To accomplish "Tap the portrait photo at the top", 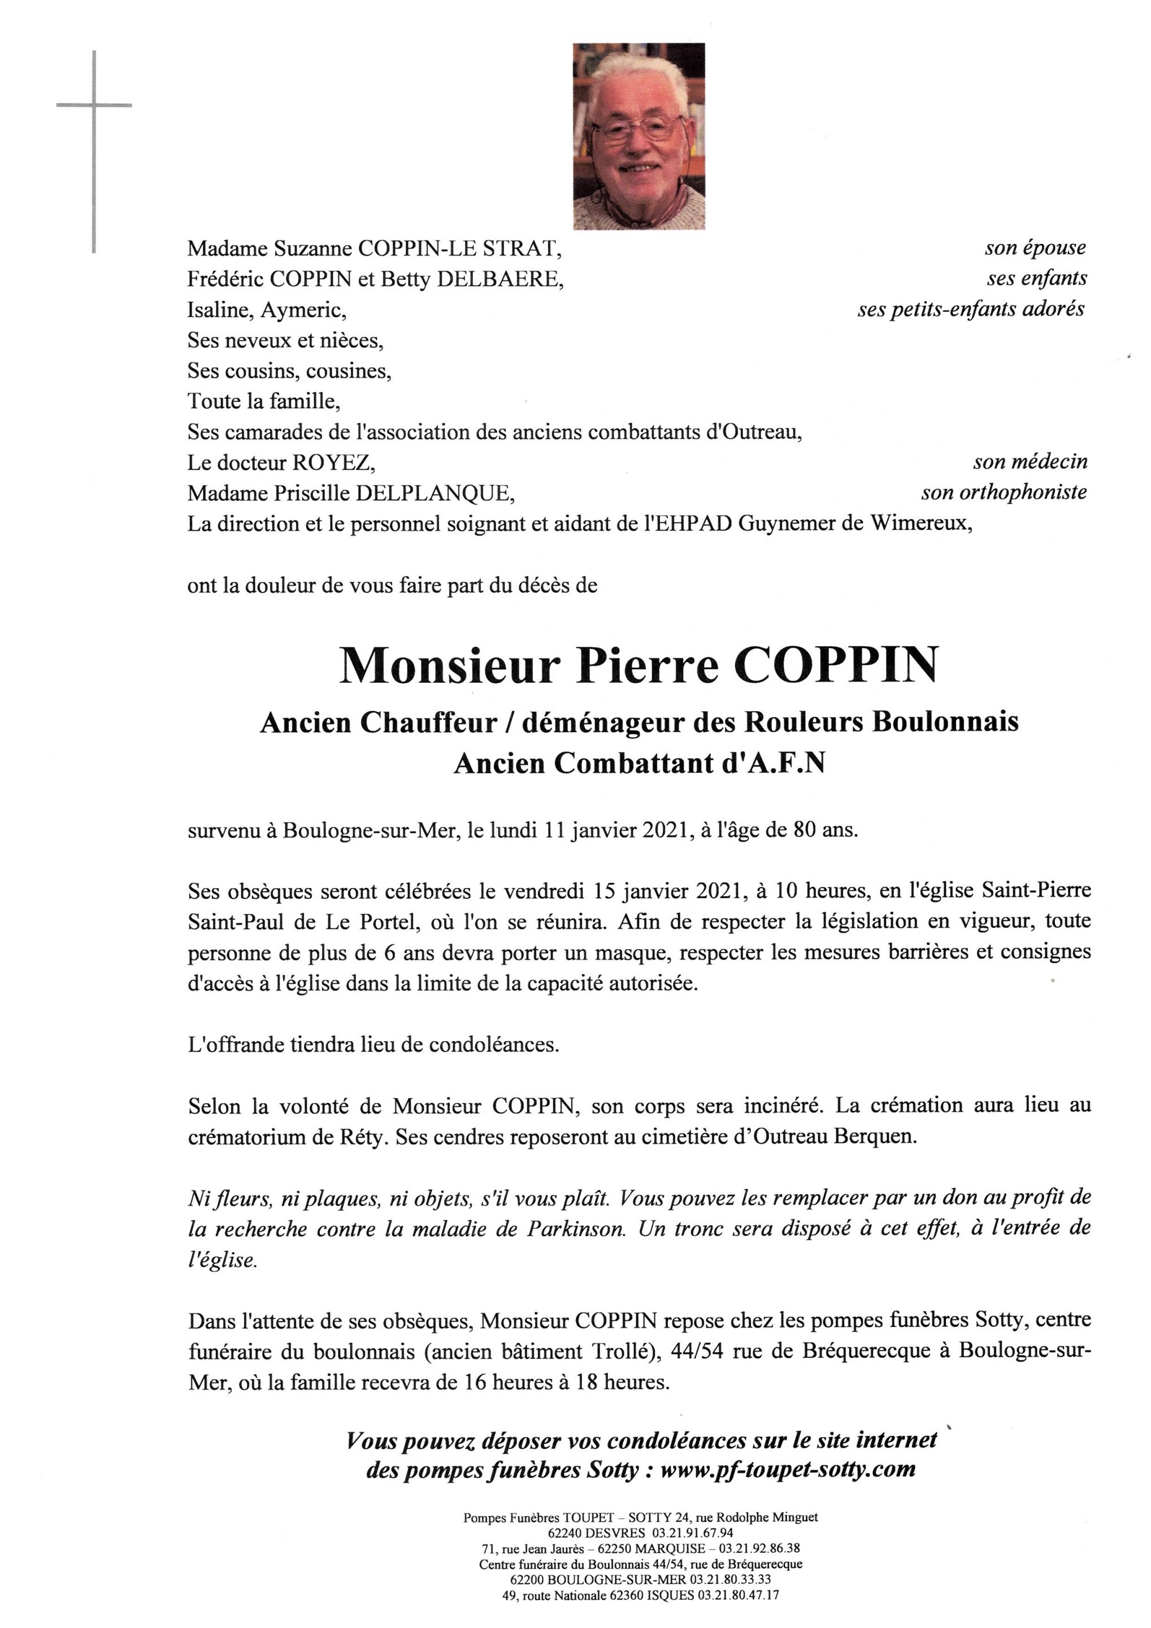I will coord(639,136).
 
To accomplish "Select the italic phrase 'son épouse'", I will coord(1035,248).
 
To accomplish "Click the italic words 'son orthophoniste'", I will coord(1004,492).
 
